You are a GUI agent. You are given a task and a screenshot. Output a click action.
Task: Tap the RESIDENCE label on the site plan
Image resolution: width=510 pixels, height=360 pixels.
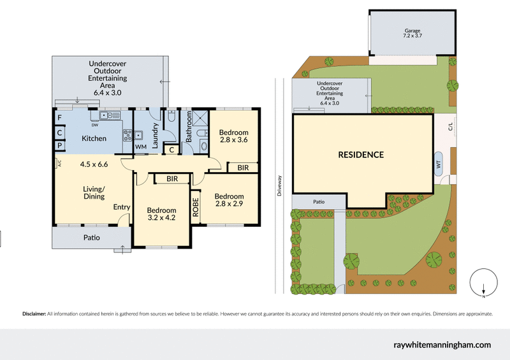click(361, 155)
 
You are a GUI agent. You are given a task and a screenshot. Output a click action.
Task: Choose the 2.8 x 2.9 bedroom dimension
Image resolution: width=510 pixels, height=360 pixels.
click(229, 205)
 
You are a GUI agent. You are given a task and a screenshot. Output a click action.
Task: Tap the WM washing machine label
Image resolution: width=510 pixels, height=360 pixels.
click(140, 147)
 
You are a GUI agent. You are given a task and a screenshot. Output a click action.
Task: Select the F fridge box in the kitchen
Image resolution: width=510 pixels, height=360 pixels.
click(59, 118)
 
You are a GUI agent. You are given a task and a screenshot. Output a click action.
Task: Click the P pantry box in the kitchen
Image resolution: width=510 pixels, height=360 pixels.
click(59, 146)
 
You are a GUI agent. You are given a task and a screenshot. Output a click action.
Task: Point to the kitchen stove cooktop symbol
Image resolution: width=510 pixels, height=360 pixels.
click(126, 135)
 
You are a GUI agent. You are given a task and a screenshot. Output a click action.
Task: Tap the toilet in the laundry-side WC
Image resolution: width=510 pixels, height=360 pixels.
click(171, 117)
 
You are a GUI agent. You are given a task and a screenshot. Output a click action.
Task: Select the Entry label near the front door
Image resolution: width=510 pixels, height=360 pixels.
click(122, 207)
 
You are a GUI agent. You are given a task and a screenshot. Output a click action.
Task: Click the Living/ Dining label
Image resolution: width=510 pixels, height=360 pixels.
click(93, 193)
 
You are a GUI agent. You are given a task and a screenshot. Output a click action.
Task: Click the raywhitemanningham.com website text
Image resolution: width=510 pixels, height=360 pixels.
click(441, 345)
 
